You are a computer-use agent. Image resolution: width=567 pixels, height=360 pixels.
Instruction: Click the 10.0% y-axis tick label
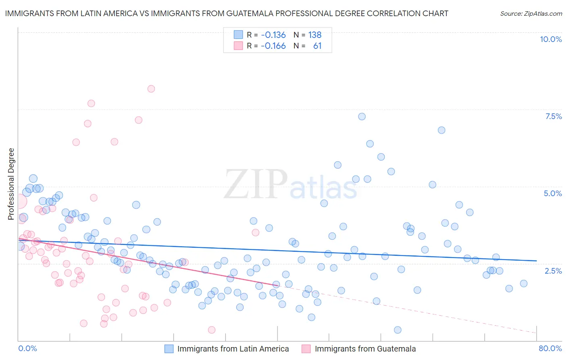[550, 39]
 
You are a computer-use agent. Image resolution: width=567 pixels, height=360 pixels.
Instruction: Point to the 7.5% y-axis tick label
[553, 116]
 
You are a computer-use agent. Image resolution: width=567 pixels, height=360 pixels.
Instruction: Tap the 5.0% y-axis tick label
[552, 193]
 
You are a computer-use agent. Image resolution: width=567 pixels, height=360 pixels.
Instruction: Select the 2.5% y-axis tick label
[553, 271]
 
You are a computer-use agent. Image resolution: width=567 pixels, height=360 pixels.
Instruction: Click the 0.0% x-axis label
[27, 348]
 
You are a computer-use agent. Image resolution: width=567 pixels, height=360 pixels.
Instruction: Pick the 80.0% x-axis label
[550, 348]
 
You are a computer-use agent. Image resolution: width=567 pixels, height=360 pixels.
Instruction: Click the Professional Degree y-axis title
[11, 184]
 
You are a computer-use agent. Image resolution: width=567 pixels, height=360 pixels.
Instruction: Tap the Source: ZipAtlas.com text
[531, 13]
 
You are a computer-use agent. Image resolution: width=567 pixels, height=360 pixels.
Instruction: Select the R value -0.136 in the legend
[273, 35]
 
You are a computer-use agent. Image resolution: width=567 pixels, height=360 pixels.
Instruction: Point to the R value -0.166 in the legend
[273, 46]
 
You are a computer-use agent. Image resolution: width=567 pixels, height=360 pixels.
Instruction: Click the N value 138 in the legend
[315, 35]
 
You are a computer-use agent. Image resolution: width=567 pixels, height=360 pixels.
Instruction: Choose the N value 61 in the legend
[317, 46]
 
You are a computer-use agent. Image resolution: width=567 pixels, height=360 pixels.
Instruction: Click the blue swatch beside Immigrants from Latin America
[169, 349]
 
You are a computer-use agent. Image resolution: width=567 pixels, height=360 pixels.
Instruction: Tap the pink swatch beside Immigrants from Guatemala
[306, 349]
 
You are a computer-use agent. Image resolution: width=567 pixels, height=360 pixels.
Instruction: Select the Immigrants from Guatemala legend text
[365, 349]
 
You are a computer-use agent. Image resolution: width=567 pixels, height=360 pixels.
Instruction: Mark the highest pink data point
[151, 89]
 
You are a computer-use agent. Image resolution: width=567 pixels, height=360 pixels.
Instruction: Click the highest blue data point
[362, 117]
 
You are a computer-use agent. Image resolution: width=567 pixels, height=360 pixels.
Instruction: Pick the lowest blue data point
[398, 330]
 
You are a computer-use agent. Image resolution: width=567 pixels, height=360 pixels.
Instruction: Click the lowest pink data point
[212, 330]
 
